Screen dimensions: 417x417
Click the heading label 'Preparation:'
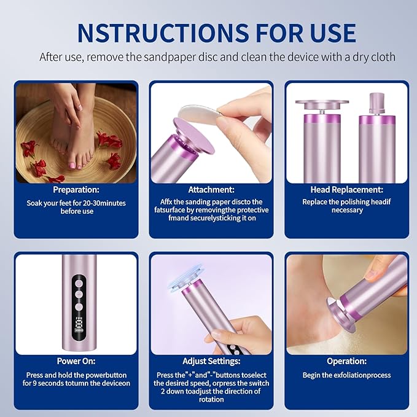click(x=76, y=190)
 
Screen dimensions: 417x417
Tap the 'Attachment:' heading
click(x=211, y=190)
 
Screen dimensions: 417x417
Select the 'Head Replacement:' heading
click(x=346, y=190)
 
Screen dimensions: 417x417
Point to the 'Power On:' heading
click(x=76, y=362)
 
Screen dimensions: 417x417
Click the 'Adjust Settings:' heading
click(x=211, y=362)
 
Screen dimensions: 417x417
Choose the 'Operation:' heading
click(x=346, y=362)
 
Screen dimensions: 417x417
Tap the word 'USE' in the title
click(x=330, y=32)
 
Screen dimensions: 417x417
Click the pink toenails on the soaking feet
click(x=72, y=164)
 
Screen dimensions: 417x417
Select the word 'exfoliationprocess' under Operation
click(x=360, y=375)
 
